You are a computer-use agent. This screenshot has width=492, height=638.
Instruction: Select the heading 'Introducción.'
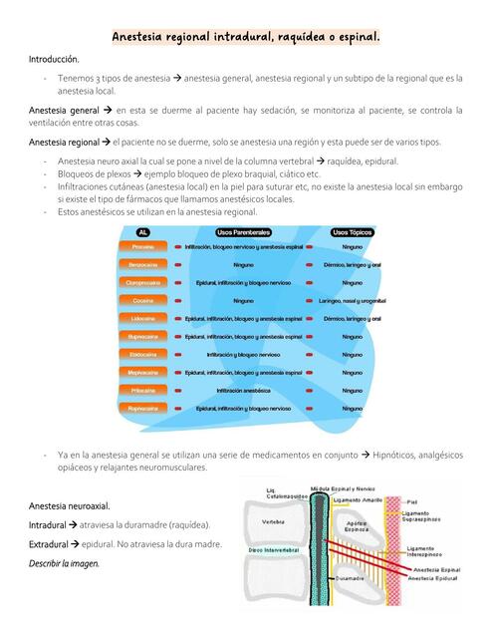click(x=54, y=60)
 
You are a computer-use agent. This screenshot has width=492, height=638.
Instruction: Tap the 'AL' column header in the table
click(x=142, y=230)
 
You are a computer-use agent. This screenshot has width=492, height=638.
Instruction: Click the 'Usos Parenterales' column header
click(x=243, y=230)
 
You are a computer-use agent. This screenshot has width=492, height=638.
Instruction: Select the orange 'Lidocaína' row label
click(x=142, y=319)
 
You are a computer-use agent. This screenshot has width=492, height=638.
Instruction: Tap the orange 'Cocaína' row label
click(x=142, y=301)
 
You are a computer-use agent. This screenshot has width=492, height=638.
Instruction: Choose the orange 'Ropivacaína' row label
click(x=142, y=409)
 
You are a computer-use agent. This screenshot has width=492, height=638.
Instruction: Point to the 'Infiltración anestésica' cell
click(x=243, y=391)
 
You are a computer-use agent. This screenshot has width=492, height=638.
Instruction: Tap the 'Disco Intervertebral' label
click(x=270, y=549)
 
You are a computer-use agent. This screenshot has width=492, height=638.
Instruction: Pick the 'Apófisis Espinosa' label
click(x=357, y=527)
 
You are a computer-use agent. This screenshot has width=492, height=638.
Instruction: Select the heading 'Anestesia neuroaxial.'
click(x=70, y=505)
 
